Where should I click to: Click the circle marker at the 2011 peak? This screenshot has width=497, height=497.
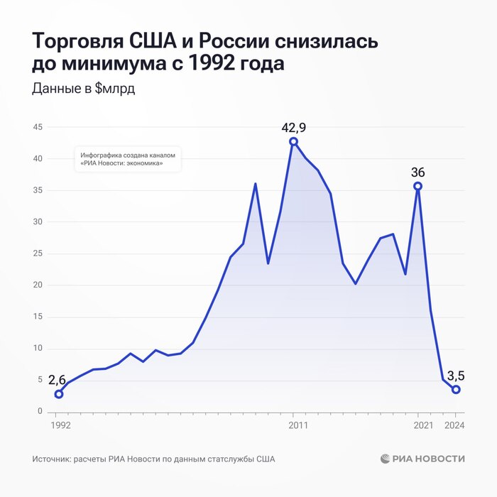[293, 141]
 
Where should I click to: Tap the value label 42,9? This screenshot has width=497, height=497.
[293, 128]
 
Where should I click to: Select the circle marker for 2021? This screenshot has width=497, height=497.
[417, 186]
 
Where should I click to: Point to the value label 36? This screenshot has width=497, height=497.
[417, 173]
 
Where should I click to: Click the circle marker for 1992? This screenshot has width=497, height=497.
[58, 394]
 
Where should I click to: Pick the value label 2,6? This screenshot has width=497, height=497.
[58, 380]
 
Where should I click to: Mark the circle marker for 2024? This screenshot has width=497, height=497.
[456, 389]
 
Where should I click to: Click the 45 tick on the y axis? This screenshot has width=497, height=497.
[38, 127]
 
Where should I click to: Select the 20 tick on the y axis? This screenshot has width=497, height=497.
[38, 285]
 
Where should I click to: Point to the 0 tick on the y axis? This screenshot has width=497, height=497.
[40, 412]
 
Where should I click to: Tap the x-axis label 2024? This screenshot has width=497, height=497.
[455, 425]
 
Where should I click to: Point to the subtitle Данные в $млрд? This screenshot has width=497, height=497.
[84, 89]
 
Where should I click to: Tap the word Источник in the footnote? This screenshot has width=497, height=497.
[52, 459]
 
